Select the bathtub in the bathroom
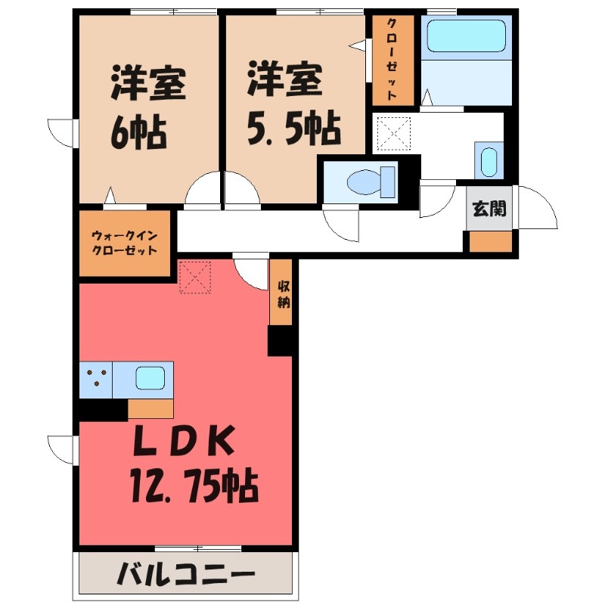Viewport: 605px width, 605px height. click(464, 36)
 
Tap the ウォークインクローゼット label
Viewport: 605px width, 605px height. click(125, 243)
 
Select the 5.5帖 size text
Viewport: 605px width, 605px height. click(292, 130)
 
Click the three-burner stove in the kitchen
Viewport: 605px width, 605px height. click(96, 378)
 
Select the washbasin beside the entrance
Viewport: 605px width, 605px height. click(489, 160)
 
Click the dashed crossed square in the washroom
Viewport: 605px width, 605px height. click(393, 135)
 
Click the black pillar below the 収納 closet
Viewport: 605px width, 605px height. click(280, 340)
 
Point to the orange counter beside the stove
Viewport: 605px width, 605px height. click(150, 408)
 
